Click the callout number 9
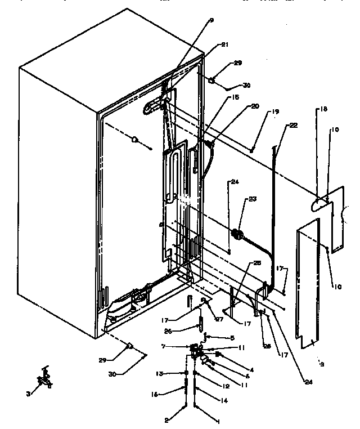[x=211, y=21]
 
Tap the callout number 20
[x=224, y=106]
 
